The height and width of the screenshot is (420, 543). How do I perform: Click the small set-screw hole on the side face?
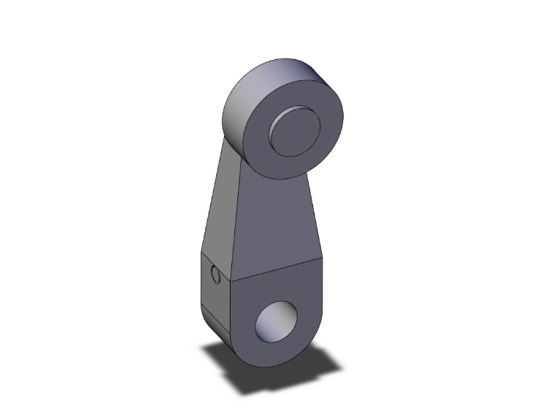[215, 275]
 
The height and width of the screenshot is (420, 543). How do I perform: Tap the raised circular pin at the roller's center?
[295, 129]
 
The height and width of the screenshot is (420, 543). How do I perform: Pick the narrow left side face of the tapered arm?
[218, 212]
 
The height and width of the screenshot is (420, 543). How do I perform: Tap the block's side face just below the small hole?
[215, 299]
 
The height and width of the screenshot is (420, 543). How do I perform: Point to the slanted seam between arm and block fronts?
[277, 269]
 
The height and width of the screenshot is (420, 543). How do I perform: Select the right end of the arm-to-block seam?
[323, 256]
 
